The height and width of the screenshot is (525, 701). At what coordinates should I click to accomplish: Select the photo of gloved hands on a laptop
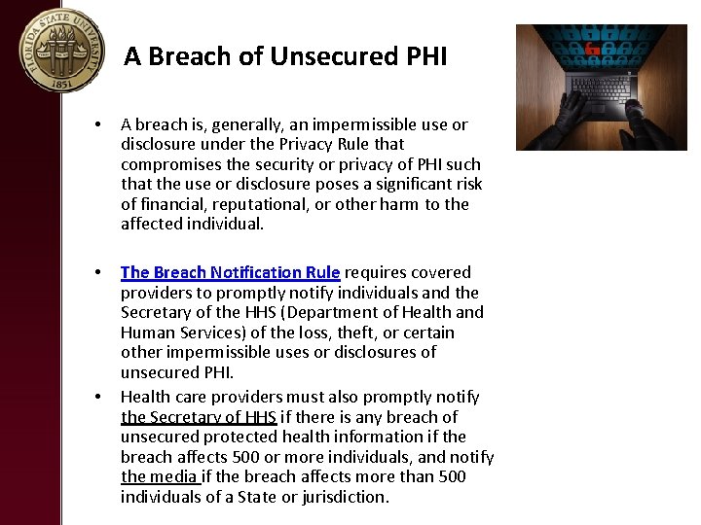pos(601,87)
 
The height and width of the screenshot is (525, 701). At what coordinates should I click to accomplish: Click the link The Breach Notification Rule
pos(230,272)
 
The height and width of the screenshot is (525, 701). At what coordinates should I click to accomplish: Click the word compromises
pos(166,164)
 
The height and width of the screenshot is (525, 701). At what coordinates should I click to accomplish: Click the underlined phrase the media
pos(160,476)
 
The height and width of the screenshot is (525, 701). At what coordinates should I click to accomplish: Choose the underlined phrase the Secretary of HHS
pos(199,417)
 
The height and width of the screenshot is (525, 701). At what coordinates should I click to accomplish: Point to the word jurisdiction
pos(343,497)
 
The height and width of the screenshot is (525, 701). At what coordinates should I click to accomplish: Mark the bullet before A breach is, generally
pos(98,125)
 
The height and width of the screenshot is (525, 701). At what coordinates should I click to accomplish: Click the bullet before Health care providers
pos(98,398)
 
